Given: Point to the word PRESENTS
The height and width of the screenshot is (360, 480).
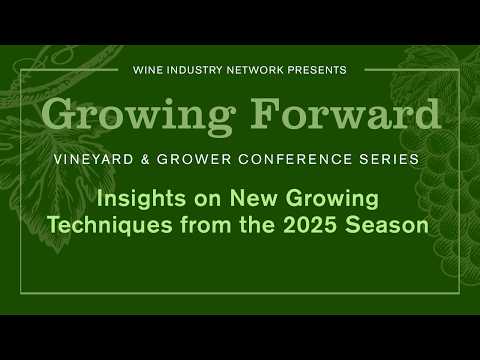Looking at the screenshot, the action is click(317, 70).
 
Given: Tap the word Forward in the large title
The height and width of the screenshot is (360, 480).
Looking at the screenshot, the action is click(346, 114).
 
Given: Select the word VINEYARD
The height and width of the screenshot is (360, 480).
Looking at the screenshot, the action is click(94, 159).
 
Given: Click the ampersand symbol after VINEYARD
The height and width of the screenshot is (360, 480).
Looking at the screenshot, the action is click(145, 159).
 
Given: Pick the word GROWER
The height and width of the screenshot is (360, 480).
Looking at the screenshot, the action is click(194, 159).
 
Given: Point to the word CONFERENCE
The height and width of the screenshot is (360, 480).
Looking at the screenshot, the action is click(295, 159).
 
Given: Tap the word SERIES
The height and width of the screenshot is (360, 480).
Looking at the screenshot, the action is click(389, 159).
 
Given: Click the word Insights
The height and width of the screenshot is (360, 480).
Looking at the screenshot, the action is click(142, 199).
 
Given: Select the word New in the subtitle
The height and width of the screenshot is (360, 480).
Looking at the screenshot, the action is click(254, 198).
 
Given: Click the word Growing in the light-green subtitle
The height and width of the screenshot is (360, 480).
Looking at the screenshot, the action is click(332, 199).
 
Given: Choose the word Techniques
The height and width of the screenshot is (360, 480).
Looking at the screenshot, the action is click(110, 225).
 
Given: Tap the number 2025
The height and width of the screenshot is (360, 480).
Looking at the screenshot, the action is click(310, 225).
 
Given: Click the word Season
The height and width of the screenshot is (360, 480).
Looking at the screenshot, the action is click(387, 225).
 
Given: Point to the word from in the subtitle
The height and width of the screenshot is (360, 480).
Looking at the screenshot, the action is click(206, 225).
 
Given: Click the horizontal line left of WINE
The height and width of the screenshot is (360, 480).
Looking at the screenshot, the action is click(69, 70).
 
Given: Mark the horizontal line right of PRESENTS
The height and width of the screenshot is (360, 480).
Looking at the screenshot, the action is click(412, 70).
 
